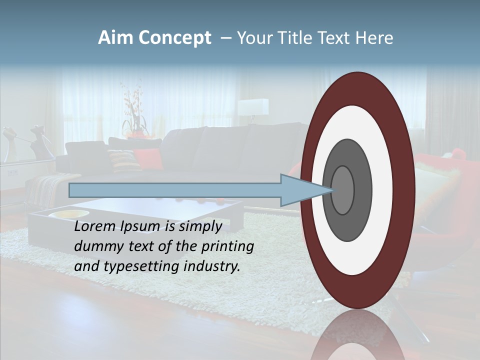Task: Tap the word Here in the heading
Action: (374, 38)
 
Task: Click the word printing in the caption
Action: (228, 246)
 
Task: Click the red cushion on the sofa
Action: (148, 158)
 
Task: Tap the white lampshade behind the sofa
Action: (253, 106)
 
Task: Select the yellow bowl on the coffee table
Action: (65, 214)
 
